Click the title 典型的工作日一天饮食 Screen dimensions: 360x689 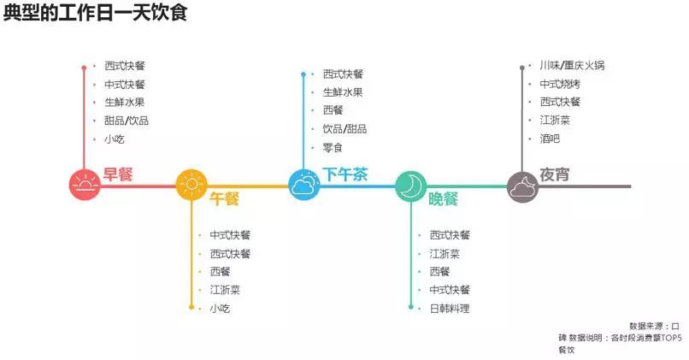pos(95,15)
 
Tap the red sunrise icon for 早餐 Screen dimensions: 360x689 pos(85,185)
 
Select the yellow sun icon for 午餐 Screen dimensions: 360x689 pos(191,185)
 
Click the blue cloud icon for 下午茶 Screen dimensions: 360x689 pos(303,185)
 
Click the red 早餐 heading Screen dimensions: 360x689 pos(118,174)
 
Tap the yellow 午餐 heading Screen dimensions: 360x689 pos(225,198)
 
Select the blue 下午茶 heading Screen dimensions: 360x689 pos(345,174)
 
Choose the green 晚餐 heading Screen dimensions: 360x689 pos(444,198)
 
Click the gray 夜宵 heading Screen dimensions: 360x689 pos(554,174)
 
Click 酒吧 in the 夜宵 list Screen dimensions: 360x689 pos(550,139)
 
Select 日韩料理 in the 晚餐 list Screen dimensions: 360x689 pos(450,309)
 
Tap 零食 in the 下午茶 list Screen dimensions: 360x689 pos(333,147)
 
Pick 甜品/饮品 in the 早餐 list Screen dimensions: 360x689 pos(127,121)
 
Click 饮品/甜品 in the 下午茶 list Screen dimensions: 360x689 pos(344,129)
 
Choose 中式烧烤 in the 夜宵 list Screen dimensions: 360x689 pos(560,84)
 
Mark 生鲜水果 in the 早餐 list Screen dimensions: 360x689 pos(125,103)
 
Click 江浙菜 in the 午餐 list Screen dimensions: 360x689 pos(225,290)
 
